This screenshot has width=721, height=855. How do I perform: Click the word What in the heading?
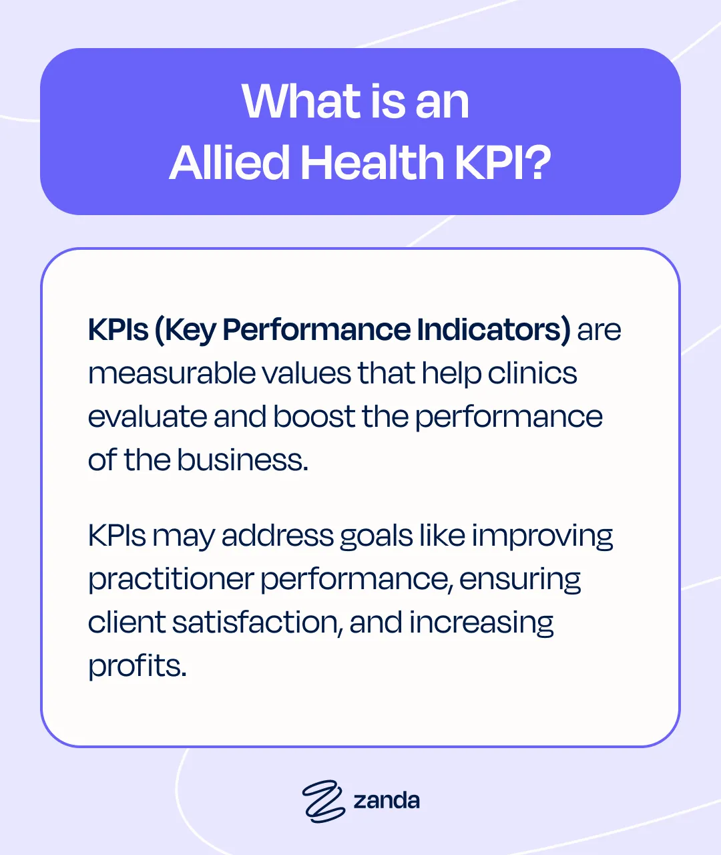pos(300,102)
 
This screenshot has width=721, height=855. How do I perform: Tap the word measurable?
pos(170,373)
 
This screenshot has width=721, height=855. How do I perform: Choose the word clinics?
pos(532,373)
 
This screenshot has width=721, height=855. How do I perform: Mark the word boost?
pos(313,417)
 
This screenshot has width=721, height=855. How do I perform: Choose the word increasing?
pos(481,623)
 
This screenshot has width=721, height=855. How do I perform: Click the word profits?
pos(137,666)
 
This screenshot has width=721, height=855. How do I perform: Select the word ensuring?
pos(519,580)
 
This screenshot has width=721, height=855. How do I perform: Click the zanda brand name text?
pos(387,800)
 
